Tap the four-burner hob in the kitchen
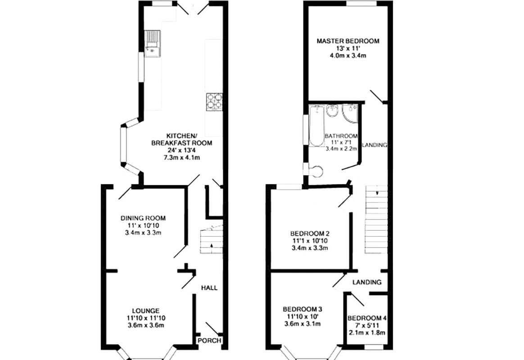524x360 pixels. [x=214, y=101]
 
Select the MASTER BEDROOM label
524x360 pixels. [x=348, y=41]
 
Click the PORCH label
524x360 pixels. [x=210, y=341]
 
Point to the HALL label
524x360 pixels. [x=209, y=288]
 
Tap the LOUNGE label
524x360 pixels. [x=145, y=310]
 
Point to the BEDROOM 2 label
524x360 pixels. [x=310, y=234]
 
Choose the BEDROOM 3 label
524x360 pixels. [x=302, y=309]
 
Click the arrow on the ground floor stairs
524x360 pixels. [x=212, y=245]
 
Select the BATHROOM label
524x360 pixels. [x=341, y=136]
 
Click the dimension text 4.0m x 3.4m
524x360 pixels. [x=348, y=56]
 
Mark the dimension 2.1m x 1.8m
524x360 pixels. [x=367, y=333]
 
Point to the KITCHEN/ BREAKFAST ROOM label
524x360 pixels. [x=181, y=139]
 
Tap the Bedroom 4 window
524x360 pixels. [x=373, y=347]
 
